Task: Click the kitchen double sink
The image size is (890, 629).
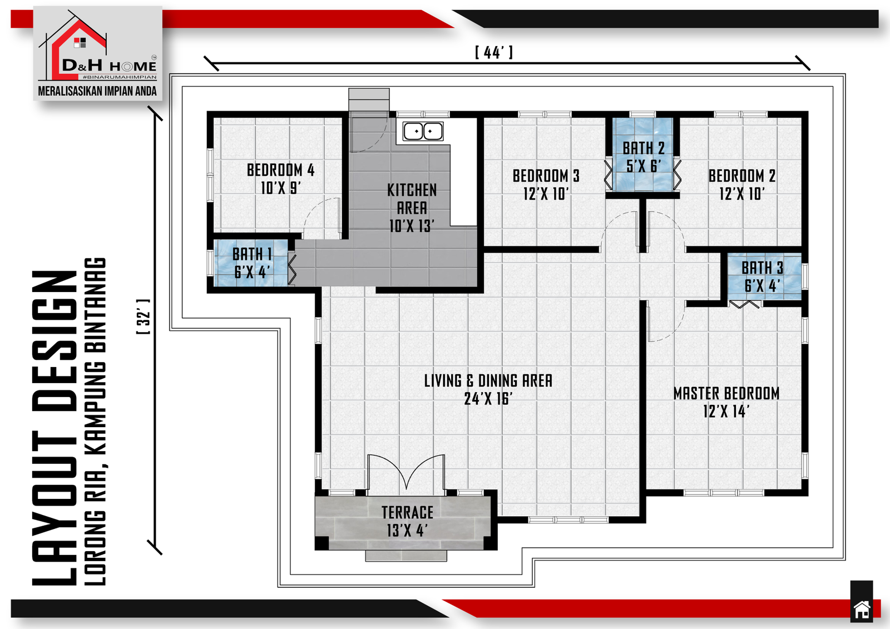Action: (x=423, y=131)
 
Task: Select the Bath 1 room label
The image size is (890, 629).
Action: (x=252, y=263)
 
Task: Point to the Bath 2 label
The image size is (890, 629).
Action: (x=644, y=157)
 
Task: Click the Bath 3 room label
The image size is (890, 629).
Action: (x=763, y=276)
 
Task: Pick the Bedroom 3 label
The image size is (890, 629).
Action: (x=546, y=185)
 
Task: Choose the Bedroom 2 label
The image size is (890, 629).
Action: (x=742, y=185)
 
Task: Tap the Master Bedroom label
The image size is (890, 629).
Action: (x=726, y=402)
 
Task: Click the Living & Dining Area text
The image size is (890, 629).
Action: (x=488, y=389)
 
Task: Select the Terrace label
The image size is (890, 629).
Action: (x=407, y=521)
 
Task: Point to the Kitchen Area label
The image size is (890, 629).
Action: (x=412, y=208)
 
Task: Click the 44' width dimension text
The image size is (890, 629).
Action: (x=494, y=52)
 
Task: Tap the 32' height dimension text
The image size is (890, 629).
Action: (x=144, y=316)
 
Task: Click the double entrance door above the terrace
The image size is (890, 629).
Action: (x=406, y=475)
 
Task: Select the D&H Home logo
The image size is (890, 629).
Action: (x=98, y=46)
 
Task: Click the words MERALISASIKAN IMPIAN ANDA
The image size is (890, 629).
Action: (x=97, y=91)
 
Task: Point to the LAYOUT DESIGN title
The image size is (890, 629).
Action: (x=55, y=428)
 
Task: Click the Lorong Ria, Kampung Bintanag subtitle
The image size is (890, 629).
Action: (x=95, y=422)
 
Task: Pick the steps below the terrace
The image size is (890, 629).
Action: (x=406, y=556)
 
